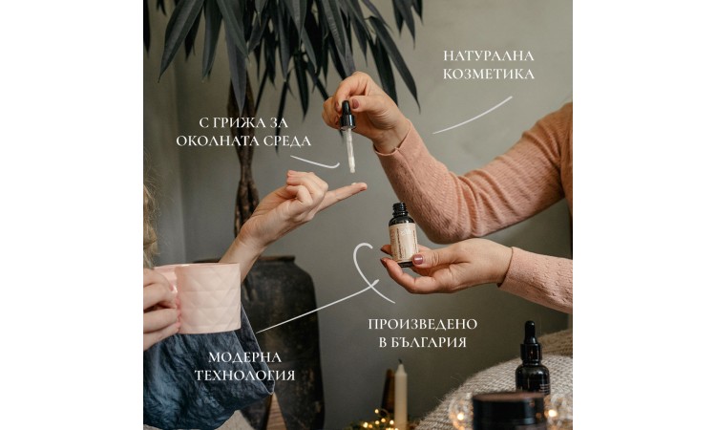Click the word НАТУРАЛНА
488,55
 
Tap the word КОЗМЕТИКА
489,74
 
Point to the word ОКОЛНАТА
218,140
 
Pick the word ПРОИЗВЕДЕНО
422,325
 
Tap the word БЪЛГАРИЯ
427,343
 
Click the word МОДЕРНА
244,357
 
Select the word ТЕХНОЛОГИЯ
244,376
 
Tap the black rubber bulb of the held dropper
347,115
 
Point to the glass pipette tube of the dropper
350,151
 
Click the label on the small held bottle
404,243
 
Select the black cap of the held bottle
399,209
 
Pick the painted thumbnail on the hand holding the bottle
418,260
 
